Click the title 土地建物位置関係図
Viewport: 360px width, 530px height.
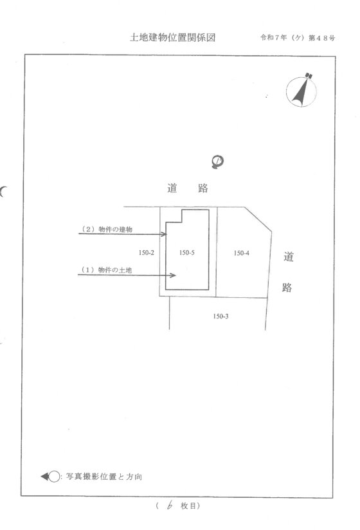[x=172, y=37]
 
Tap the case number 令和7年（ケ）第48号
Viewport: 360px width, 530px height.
[x=298, y=38]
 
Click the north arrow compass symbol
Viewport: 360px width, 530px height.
[x=301, y=90]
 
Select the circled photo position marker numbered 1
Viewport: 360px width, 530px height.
[x=217, y=161]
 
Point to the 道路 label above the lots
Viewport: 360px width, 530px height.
[x=188, y=188]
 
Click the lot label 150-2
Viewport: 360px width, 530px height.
[x=146, y=253]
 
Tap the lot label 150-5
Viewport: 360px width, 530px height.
[x=187, y=253]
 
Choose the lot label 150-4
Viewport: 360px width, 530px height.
[x=242, y=253]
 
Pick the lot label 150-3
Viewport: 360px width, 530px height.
[x=221, y=316]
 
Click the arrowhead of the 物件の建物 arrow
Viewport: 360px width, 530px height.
[x=165, y=234]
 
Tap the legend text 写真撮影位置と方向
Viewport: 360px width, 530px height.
[x=104, y=477]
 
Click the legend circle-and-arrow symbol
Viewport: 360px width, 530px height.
[x=51, y=477]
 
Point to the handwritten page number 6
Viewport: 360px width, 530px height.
[x=170, y=506]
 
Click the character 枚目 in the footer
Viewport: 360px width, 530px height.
[x=188, y=506]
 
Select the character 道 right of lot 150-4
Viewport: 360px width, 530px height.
[x=289, y=257]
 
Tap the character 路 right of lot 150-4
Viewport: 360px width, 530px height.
[x=287, y=288]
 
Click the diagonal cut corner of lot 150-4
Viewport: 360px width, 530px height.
[x=258, y=219]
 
